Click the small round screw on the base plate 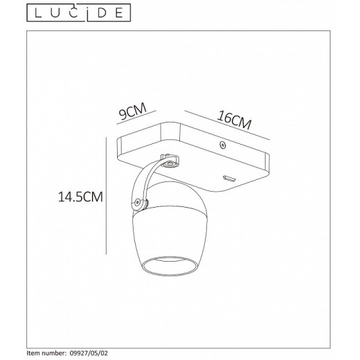(222, 145)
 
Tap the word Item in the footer (33, 352)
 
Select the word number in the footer (55, 352)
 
